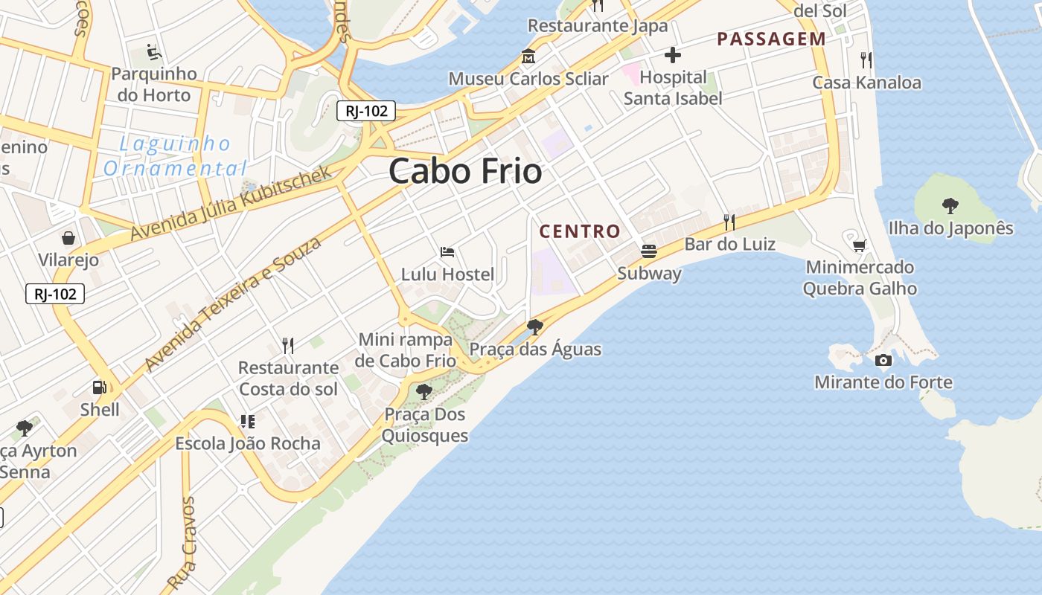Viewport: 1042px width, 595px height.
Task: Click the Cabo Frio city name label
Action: pos(465,171)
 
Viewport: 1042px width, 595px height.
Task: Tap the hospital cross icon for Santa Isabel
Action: pos(673,55)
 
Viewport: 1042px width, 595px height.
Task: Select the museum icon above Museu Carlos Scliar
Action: pos(528,57)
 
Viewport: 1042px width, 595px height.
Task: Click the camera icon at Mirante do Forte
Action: pos(883,361)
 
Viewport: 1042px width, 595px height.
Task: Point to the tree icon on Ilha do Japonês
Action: pos(950,205)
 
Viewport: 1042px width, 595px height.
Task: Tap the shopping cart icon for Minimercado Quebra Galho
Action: pos(860,245)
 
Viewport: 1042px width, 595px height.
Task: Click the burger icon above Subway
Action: pos(649,251)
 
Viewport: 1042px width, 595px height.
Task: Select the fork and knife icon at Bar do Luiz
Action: pos(729,222)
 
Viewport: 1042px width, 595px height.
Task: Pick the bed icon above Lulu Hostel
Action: pos(447,252)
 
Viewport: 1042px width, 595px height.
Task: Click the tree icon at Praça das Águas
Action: pos(534,327)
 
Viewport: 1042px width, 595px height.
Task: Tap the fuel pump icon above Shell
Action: pos(99,387)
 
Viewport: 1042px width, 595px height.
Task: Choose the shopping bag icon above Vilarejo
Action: pos(68,238)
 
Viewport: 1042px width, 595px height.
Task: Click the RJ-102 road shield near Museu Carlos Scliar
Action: pos(365,111)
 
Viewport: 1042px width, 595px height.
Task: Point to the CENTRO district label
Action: pos(580,231)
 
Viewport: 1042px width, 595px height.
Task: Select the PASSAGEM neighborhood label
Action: pos(771,39)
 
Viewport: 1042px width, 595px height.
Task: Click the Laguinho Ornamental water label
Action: pos(176,155)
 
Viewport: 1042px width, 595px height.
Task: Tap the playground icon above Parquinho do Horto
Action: pos(153,52)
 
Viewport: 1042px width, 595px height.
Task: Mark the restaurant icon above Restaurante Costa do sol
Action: pos(288,345)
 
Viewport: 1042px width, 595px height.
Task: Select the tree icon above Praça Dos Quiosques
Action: pos(424,392)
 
